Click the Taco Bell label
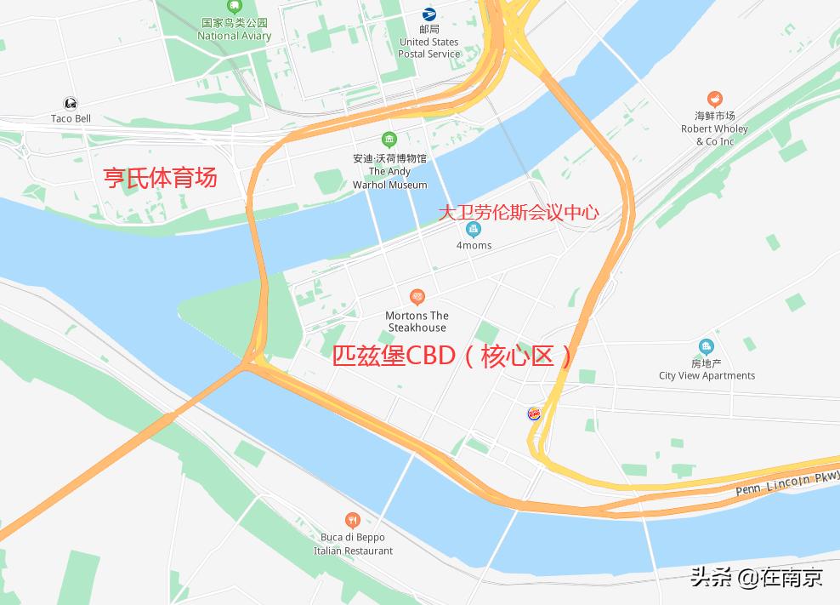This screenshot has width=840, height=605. [x=71, y=118]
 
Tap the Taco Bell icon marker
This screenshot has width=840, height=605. [x=71, y=104]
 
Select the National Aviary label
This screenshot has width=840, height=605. [x=234, y=30]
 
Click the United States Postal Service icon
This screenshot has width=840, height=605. [x=429, y=14]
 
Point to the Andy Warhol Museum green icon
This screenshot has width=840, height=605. [x=389, y=140]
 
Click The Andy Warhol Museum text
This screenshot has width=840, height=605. [x=389, y=172]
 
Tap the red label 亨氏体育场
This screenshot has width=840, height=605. [x=160, y=177]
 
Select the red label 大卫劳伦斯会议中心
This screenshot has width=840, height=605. [x=519, y=212]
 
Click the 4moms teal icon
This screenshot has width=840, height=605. [x=474, y=229]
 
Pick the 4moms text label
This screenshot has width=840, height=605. [x=474, y=246]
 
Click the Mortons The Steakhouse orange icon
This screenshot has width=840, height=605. [x=417, y=297]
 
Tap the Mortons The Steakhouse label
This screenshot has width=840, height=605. [x=417, y=322]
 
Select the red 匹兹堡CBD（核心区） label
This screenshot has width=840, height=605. [x=453, y=356]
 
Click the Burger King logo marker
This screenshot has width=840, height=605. [x=535, y=414]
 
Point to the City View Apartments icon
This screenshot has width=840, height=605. [x=706, y=346]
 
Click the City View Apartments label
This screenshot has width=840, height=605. [x=707, y=369]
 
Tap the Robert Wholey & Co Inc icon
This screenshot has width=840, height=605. [x=715, y=100]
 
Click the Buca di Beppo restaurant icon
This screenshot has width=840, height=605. [x=353, y=520]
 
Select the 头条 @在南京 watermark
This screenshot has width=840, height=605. [x=756, y=578]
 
